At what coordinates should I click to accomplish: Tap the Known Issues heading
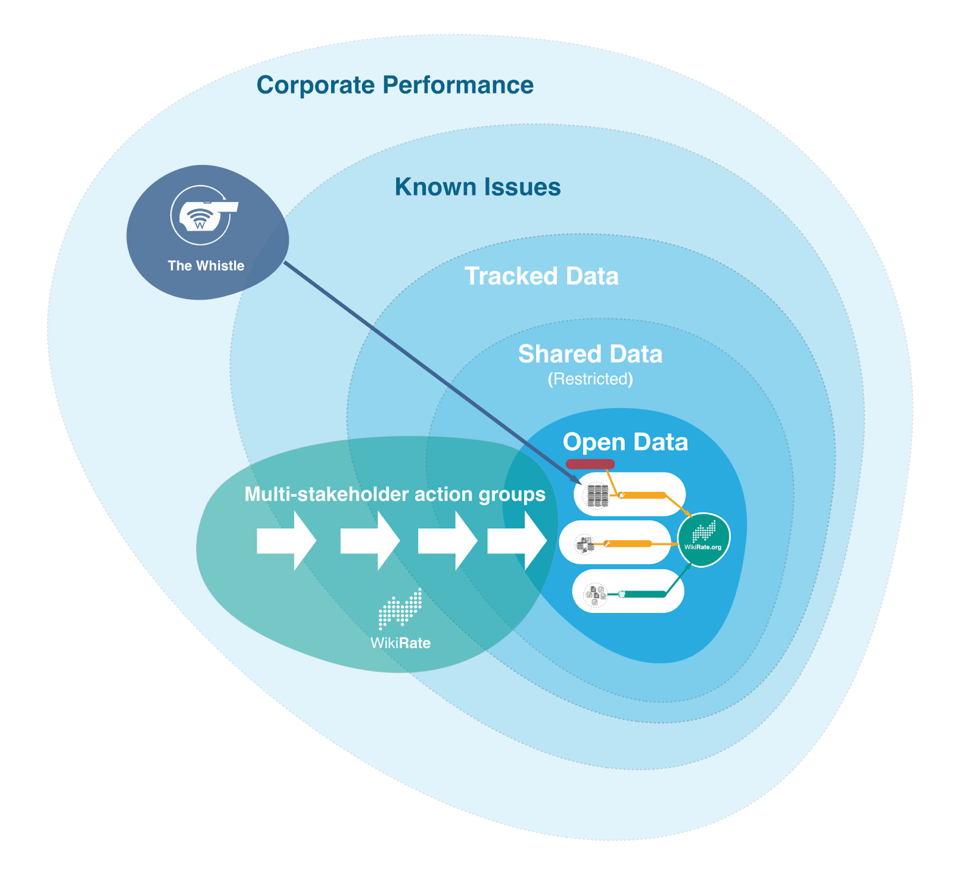coord(477,187)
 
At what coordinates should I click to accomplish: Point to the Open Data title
coord(625,442)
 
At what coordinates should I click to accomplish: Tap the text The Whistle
coord(206,266)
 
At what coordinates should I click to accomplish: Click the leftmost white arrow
coord(286,540)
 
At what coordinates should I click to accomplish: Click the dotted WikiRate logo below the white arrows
coord(400,608)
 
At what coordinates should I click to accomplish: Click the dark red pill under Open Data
coord(589,464)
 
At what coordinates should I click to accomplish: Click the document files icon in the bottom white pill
coord(595,595)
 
